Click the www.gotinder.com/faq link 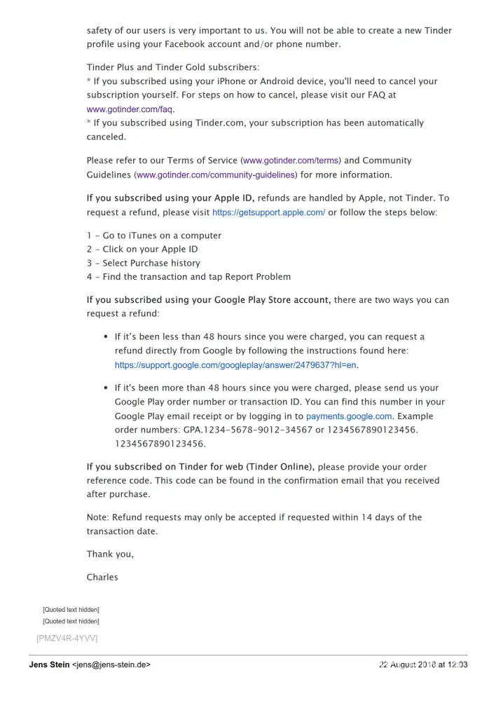point(129,109)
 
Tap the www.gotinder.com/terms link point(291,161)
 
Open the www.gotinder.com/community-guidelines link point(216,175)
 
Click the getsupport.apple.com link point(268,212)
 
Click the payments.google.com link point(349,416)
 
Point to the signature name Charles point(102,577)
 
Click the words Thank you point(110,554)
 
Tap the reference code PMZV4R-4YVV point(67,637)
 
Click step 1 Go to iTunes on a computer point(154,236)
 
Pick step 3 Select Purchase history point(144,263)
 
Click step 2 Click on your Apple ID point(142,249)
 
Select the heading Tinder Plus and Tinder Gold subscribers point(172,67)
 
